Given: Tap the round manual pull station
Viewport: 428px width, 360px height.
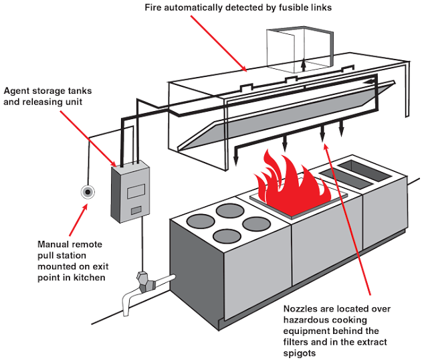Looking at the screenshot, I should [86, 192].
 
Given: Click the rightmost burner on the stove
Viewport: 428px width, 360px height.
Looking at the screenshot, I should [254, 221].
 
